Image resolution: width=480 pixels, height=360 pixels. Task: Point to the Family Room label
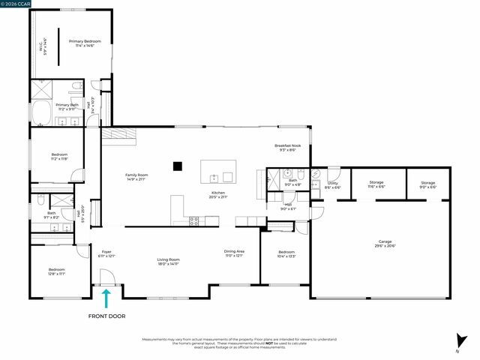(136, 177)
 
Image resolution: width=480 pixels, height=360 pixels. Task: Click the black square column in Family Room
(178, 166)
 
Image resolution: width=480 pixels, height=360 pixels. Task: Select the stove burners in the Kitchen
(194, 220)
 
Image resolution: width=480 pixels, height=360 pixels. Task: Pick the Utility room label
(333, 184)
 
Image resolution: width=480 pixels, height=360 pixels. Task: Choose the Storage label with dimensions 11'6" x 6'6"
(376, 184)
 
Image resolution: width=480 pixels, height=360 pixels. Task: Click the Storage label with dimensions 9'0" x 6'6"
(427, 184)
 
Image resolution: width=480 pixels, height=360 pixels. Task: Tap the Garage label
(384, 244)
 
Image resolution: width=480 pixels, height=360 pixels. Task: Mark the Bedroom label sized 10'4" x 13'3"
(286, 254)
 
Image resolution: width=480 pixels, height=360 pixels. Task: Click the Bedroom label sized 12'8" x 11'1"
(57, 271)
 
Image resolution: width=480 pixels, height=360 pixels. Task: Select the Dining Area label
(234, 253)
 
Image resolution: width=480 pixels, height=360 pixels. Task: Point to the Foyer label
(106, 254)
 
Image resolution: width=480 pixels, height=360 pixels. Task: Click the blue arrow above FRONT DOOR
(106, 298)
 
